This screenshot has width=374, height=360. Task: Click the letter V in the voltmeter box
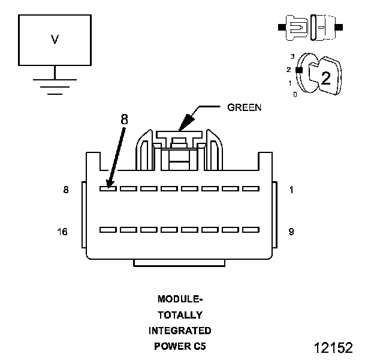pos(55,40)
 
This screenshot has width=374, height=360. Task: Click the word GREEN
pos(244,108)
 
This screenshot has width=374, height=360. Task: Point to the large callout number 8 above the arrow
pos(124,119)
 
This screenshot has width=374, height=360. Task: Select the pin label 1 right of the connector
pos(291,190)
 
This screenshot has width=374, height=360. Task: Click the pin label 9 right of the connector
pos(291,231)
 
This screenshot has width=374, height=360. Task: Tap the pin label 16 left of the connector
pos(63,231)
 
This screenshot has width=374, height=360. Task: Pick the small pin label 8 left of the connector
pos(65,190)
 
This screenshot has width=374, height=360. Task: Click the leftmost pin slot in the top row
pos(108,188)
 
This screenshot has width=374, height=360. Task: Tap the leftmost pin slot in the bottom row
pos(108,229)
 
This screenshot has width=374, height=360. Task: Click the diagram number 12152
pos(333,348)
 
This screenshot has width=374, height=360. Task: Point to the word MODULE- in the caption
pos(180,299)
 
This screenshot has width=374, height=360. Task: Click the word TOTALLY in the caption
pos(180,314)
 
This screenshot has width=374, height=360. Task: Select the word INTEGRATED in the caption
pos(180,331)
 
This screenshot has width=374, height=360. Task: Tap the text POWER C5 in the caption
pos(180,346)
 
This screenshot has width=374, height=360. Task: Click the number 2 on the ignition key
pos(325,77)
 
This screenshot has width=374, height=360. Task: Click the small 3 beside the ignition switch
pos(292,56)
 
